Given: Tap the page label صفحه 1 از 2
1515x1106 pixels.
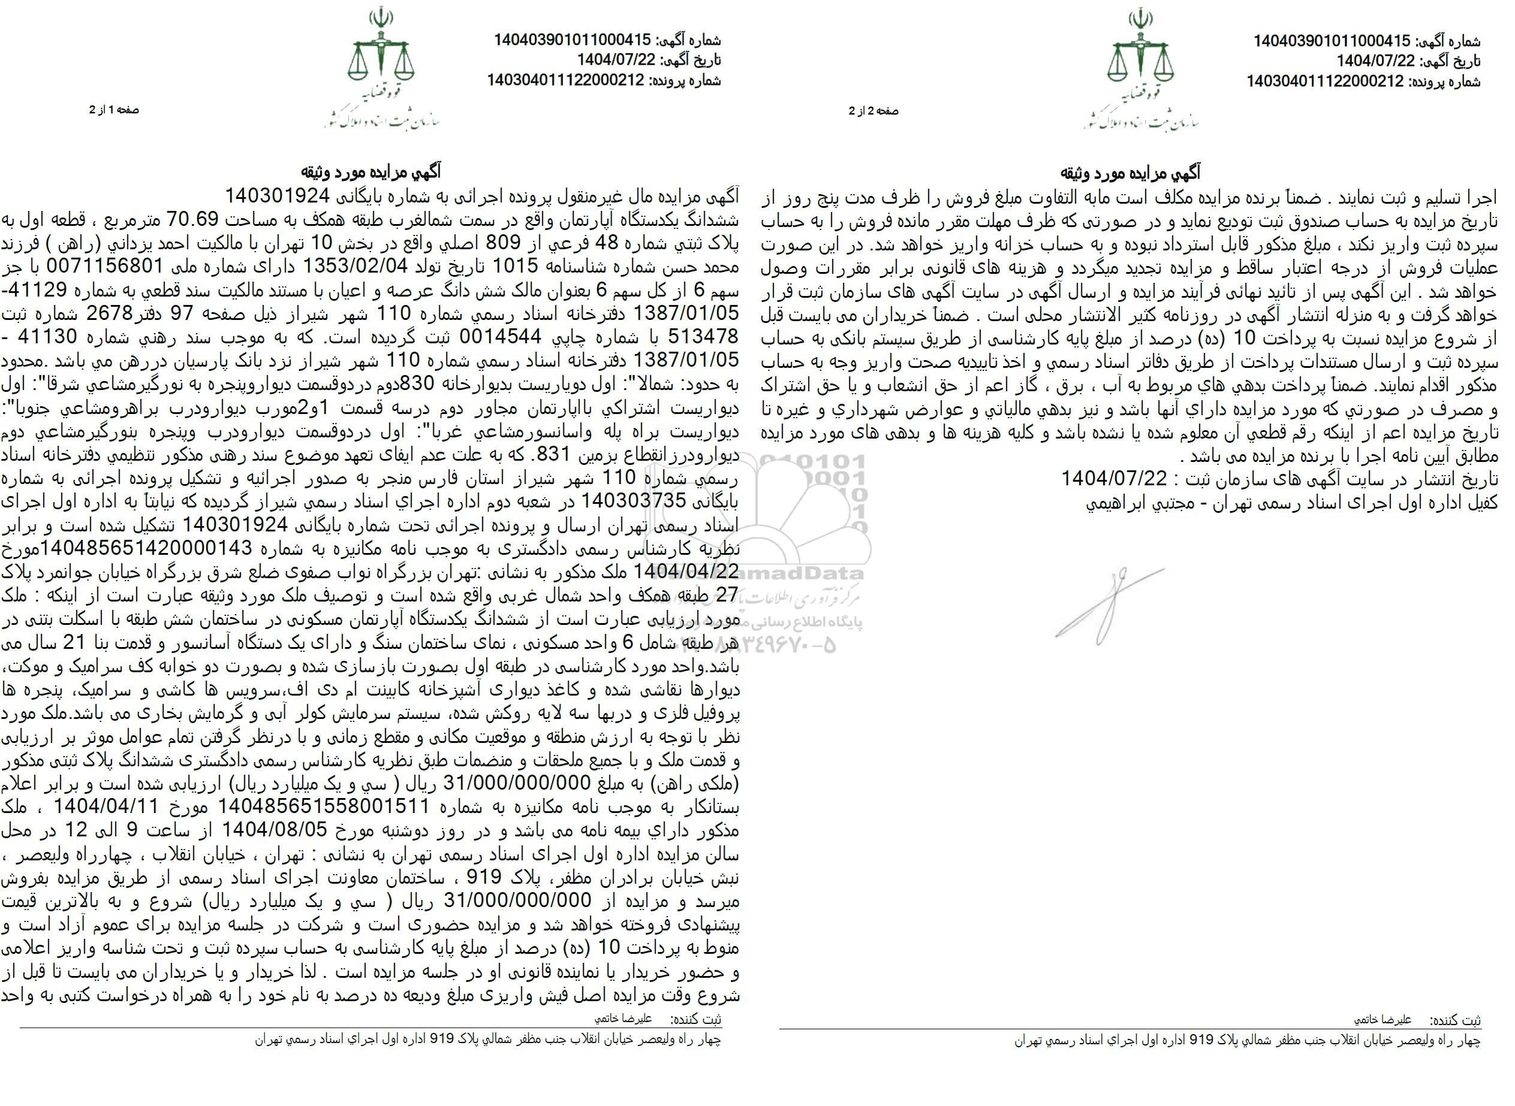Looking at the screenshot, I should [114, 110].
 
